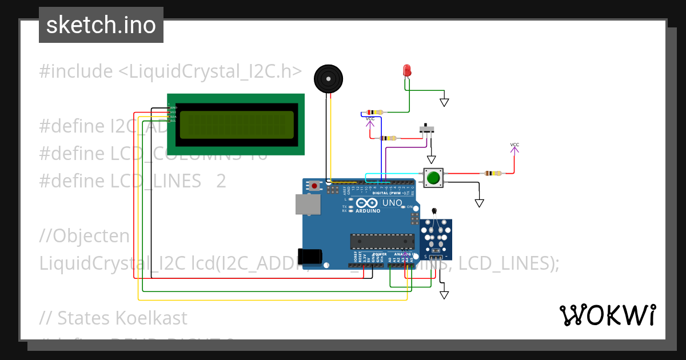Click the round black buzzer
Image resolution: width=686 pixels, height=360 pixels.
pyautogui.click(x=329, y=78)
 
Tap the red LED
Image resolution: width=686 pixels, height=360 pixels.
pyautogui.click(x=407, y=70)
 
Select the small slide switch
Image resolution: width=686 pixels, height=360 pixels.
pyautogui.click(x=426, y=129)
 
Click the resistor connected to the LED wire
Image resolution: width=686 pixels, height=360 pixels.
pyautogui.click(x=375, y=113)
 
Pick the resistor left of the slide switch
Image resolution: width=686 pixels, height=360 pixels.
pyautogui.click(x=389, y=138)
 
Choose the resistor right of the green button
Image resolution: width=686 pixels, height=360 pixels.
pyautogui.click(x=492, y=173)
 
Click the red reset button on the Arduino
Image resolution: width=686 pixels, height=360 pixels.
pyautogui.click(x=314, y=186)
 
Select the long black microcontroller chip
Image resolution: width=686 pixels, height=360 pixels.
pyautogui.click(x=382, y=242)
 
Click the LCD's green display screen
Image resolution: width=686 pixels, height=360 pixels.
pyautogui.click(x=237, y=125)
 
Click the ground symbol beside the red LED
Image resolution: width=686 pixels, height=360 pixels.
pyautogui.click(x=444, y=102)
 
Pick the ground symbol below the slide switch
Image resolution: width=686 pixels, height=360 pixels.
pyautogui.click(x=432, y=159)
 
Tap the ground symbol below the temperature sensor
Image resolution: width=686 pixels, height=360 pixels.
pyautogui.click(x=444, y=294)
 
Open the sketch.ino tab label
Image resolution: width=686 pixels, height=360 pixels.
pyautogui.click(x=101, y=25)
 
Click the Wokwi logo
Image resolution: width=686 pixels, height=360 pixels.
pyautogui.click(x=607, y=315)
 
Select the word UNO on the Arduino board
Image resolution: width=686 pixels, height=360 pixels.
pyautogui.click(x=392, y=203)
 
